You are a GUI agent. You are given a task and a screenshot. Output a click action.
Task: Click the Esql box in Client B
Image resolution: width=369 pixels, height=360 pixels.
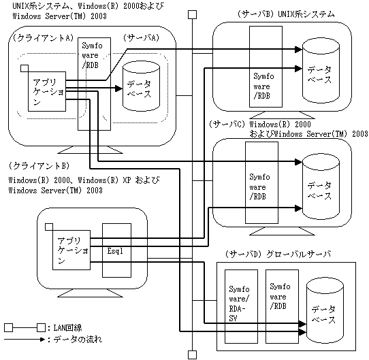pos(116,250)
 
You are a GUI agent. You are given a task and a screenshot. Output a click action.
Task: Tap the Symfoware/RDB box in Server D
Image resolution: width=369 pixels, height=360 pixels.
pos(282,306)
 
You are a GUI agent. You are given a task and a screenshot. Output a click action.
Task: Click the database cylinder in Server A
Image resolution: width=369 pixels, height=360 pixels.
pos(141,86)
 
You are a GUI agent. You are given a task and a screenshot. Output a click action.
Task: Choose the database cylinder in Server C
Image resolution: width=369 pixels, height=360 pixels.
pos(321,186)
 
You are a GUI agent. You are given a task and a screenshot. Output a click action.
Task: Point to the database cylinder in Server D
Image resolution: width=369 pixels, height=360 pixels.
pos(325,310)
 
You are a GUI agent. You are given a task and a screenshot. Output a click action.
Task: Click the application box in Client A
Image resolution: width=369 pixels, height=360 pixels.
pos(47,91)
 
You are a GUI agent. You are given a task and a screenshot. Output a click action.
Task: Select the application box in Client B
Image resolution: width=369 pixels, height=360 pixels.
pos(71,250)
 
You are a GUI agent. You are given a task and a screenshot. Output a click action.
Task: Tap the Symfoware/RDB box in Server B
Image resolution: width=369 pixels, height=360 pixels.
pos(266,67)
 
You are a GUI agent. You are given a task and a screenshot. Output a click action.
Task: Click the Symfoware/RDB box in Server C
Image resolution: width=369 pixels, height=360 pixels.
pos(261,182)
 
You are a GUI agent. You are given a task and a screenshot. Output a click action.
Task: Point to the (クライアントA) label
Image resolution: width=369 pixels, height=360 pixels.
pos(43,38)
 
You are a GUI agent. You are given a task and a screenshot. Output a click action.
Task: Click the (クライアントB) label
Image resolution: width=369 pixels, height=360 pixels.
pos(39,166)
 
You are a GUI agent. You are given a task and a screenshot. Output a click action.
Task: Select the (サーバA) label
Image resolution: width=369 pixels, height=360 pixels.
pos(141,38)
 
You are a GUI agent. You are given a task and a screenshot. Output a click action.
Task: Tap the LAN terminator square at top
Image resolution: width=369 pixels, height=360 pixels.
pos(193,15)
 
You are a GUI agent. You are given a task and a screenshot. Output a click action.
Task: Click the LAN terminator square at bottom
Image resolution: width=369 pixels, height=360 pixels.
pos(193,355)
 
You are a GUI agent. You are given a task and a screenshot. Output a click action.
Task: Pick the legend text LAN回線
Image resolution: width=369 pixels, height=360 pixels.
pos(68,328)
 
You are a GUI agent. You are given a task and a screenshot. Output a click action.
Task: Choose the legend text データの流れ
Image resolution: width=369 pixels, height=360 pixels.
pos(78,340)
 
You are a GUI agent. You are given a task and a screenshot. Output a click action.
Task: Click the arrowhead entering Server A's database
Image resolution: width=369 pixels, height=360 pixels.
pos(119,88)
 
